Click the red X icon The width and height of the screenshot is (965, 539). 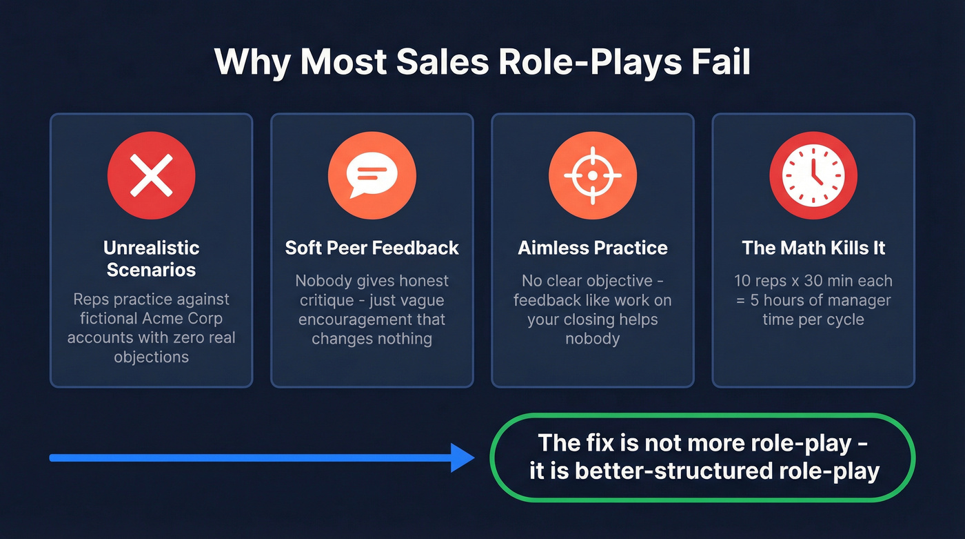click(x=151, y=175)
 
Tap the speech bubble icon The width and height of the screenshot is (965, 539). click(x=372, y=175)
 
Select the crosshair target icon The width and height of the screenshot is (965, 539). click(x=592, y=175)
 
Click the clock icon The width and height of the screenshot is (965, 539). click(x=813, y=175)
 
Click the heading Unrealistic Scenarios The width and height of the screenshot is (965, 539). click(x=151, y=258)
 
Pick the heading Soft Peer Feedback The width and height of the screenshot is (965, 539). click(x=372, y=248)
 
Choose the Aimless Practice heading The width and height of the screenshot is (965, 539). click(x=592, y=248)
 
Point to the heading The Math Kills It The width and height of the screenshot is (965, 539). click(x=813, y=248)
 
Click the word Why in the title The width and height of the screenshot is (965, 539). click(x=252, y=62)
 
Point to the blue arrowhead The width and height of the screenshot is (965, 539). click(x=462, y=458)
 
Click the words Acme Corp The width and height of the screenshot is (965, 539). click(x=187, y=319)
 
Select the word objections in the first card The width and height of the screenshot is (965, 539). click(x=151, y=357)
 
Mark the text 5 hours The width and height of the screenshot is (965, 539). click(x=791, y=301)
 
